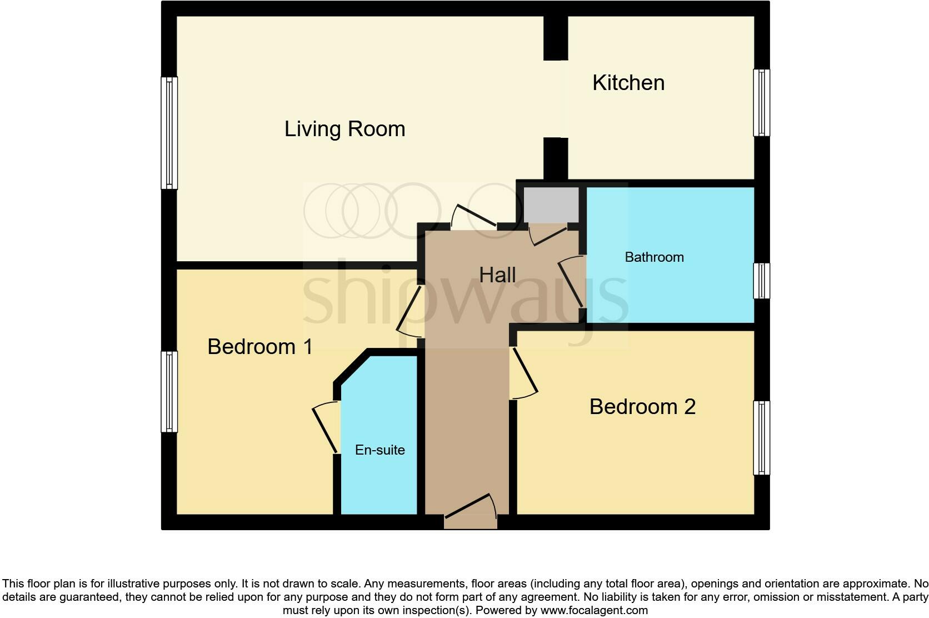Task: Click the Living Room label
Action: (x=344, y=129)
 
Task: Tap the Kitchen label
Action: (x=628, y=83)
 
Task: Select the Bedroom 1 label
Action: (x=259, y=347)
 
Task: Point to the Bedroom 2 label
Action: (x=642, y=407)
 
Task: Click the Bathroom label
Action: (x=654, y=257)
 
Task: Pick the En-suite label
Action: (x=379, y=450)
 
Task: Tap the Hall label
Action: (x=497, y=275)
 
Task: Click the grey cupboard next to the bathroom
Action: (x=551, y=205)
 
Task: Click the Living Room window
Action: (x=169, y=133)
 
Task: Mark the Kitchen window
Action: (x=761, y=103)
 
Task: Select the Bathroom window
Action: (x=761, y=281)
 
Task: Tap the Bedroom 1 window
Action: (x=169, y=391)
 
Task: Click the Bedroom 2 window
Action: (x=761, y=438)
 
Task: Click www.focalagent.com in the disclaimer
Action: (x=594, y=610)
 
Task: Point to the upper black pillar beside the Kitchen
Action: (x=555, y=38)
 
